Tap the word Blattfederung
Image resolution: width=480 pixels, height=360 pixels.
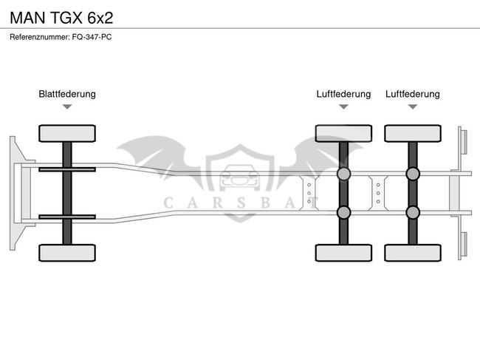tap(67, 94)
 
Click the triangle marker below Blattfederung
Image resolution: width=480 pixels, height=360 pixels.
tap(67, 107)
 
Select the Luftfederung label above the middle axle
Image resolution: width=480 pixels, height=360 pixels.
tap(343, 94)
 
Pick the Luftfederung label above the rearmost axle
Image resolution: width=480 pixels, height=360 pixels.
tap(412, 94)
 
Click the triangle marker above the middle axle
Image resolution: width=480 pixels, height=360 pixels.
tap(343, 107)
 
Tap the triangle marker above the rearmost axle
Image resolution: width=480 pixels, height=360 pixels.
tap(412, 107)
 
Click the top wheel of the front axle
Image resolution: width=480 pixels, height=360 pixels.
tap(67, 134)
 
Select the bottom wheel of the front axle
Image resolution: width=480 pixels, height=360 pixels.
tap(67, 252)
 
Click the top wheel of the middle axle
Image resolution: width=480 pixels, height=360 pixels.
tap(343, 134)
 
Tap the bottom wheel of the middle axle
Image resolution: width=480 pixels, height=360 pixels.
tap(343, 252)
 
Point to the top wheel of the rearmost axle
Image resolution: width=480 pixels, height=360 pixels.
tap(412, 134)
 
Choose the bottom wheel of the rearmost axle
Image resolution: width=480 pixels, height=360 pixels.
tap(412, 252)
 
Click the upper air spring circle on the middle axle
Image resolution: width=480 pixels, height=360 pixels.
tap(343, 174)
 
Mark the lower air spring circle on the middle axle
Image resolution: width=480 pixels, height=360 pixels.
tap(343, 213)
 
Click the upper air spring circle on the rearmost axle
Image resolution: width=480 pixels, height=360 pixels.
tap(412, 174)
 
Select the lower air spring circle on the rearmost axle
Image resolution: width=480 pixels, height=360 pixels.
tap(412, 213)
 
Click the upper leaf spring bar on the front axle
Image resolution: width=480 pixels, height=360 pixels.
tap(67, 170)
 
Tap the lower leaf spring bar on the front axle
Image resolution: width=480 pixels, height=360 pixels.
tap(67, 217)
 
